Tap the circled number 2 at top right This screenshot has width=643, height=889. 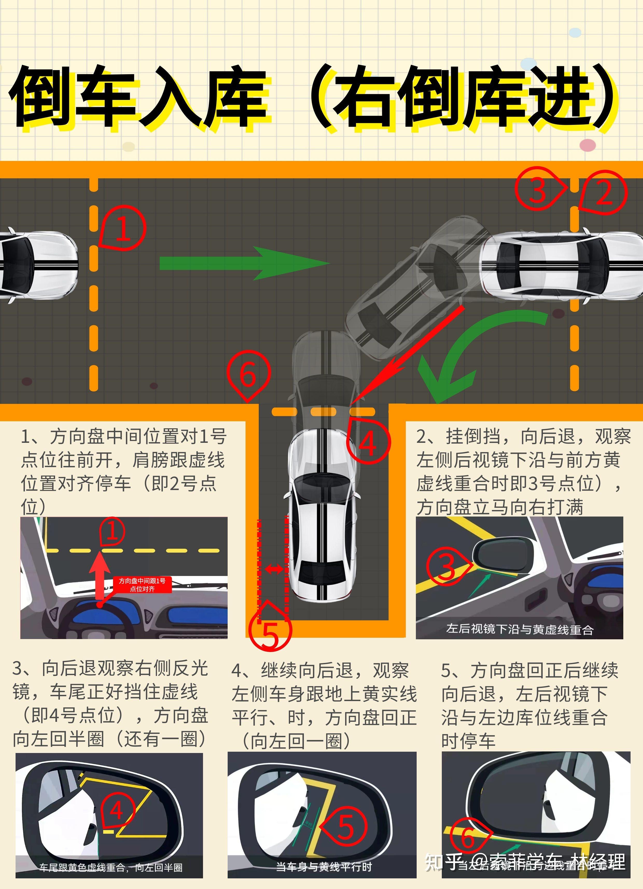[604, 192]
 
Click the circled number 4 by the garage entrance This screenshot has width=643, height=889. [368, 442]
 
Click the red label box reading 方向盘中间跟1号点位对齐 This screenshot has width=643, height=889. [142, 585]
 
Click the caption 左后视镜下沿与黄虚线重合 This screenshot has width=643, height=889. [519, 629]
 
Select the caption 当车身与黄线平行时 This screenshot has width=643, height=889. [324, 867]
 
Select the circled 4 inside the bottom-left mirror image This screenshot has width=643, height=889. [117, 810]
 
